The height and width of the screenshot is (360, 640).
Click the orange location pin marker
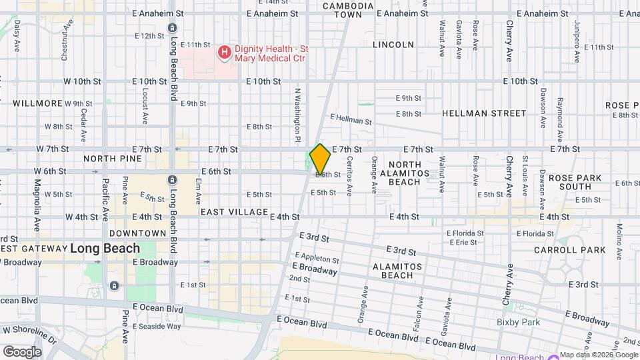click(321, 159)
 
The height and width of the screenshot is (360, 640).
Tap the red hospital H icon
click(225, 52)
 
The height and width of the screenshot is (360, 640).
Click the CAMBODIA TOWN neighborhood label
click(348, 9)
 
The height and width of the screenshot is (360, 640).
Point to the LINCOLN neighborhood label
click(393, 45)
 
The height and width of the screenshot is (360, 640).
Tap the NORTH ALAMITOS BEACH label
click(405, 173)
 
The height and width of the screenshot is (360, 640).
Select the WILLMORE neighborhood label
click(37, 103)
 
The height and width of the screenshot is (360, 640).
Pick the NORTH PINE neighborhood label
click(113, 159)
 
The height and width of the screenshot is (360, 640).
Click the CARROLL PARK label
click(569, 250)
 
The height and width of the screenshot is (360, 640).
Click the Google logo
click(22, 351)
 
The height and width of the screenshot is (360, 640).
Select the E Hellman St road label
click(351, 120)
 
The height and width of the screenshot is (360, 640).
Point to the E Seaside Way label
click(157, 326)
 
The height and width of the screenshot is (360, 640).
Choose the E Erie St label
click(463, 243)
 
